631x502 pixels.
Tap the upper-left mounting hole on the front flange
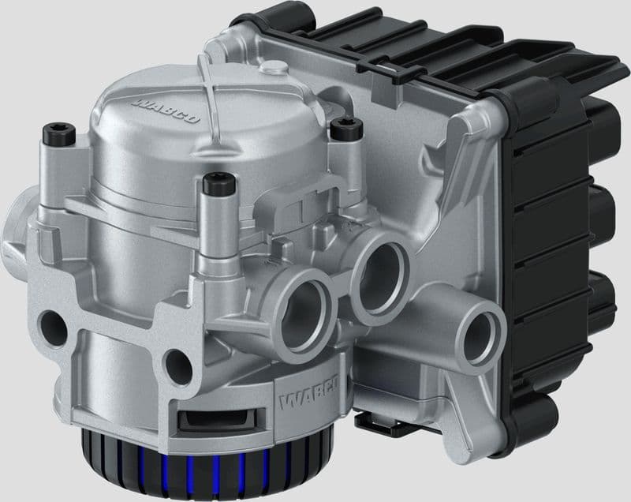coord(54,324)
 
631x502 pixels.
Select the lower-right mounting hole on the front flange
coord(174,365)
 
